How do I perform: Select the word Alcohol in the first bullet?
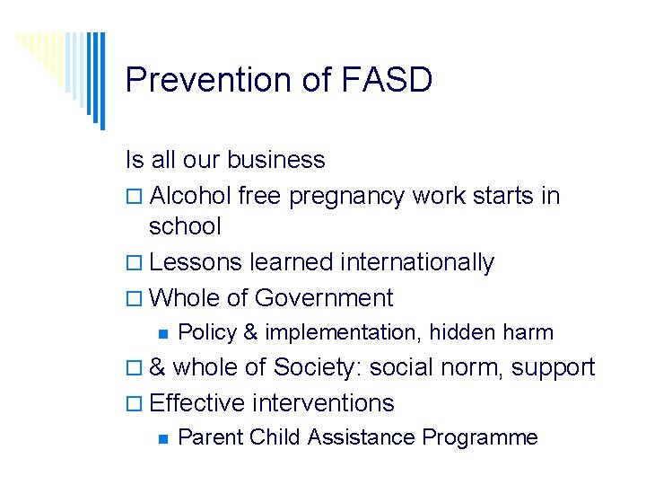tap(191, 196)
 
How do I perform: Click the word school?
tap(185, 226)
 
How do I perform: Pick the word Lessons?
tap(196, 262)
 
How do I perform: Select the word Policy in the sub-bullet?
tap(206, 332)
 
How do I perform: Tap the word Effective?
tap(198, 403)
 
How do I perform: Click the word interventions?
tap(324, 403)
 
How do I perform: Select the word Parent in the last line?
tap(211, 437)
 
